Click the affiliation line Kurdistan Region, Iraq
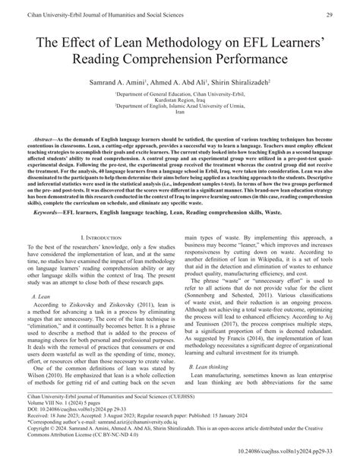click(x=179, y=103)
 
